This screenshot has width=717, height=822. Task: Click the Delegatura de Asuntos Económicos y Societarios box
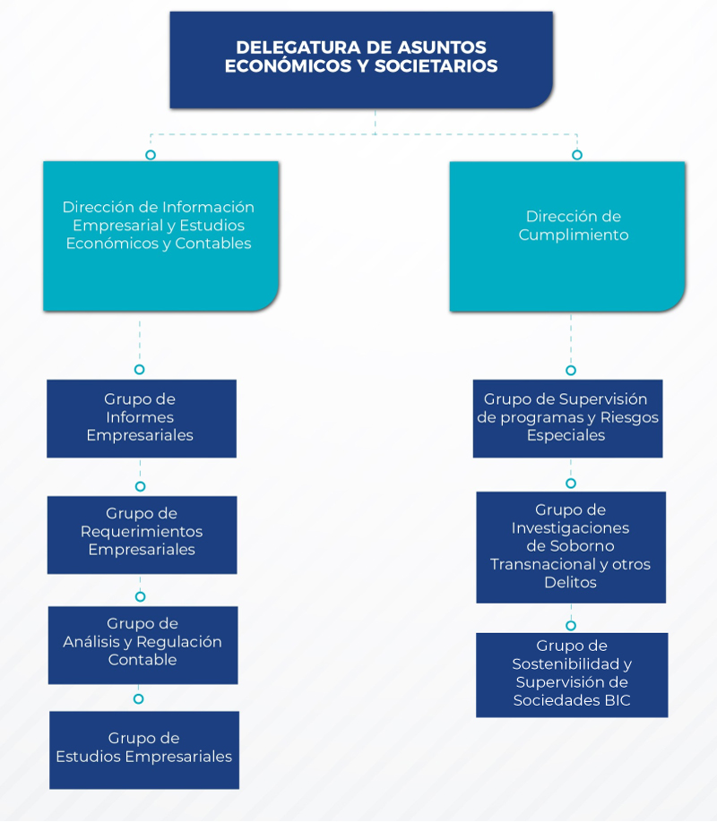(x=361, y=60)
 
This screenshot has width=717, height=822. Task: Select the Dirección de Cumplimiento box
(x=567, y=236)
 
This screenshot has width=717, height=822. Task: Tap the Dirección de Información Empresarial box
(x=160, y=235)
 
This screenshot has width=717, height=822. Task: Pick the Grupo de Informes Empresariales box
(x=142, y=418)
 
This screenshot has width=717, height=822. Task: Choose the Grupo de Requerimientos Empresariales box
(x=143, y=535)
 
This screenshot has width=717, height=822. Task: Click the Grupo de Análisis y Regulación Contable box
(x=143, y=646)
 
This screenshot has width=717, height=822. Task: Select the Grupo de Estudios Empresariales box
(x=144, y=750)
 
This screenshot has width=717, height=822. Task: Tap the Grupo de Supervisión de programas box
(x=568, y=418)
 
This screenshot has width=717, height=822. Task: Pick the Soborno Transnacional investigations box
(x=571, y=547)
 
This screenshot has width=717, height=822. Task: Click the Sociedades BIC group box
(x=572, y=675)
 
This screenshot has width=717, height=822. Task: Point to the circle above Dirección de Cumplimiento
(x=577, y=155)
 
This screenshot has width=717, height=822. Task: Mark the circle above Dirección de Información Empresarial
(x=151, y=155)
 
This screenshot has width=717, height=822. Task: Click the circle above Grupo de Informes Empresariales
(x=139, y=370)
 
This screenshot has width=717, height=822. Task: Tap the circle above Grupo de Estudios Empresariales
(x=139, y=698)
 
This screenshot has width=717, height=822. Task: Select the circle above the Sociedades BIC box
(x=571, y=625)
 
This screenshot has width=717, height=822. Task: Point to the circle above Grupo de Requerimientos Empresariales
(x=140, y=486)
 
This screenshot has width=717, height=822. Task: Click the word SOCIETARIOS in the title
(x=436, y=66)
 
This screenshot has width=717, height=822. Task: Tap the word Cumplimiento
(x=574, y=235)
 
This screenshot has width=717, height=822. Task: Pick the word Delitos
(x=571, y=582)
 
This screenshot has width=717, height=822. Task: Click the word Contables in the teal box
(x=213, y=244)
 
